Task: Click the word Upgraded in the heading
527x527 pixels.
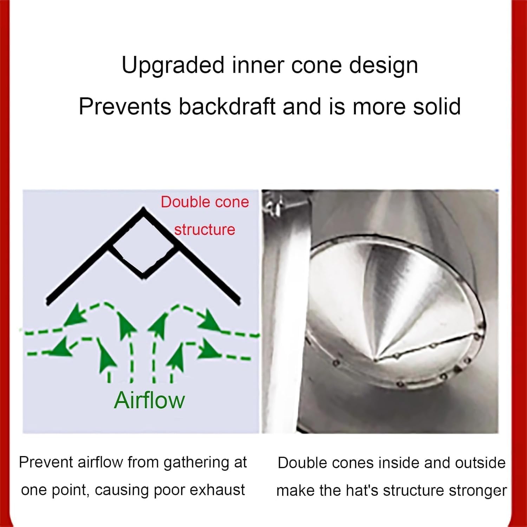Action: click(x=173, y=66)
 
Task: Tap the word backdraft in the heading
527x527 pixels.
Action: click(x=227, y=106)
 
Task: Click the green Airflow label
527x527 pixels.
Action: click(x=149, y=400)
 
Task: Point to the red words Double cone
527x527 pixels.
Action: click(x=204, y=202)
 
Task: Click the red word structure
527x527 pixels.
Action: click(x=204, y=230)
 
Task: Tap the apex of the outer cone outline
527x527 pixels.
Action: click(x=143, y=210)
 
